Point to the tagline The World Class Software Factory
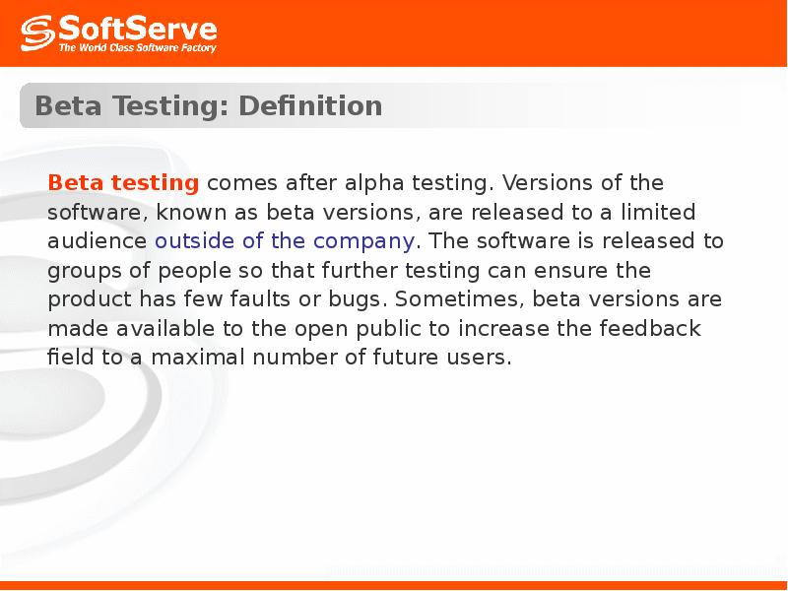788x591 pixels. tap(137, 46)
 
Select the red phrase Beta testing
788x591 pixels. tap(124, 183)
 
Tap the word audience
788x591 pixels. tap(98, 241)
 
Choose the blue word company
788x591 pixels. tap(364, 241)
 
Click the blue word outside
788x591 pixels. tap(196, 241)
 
